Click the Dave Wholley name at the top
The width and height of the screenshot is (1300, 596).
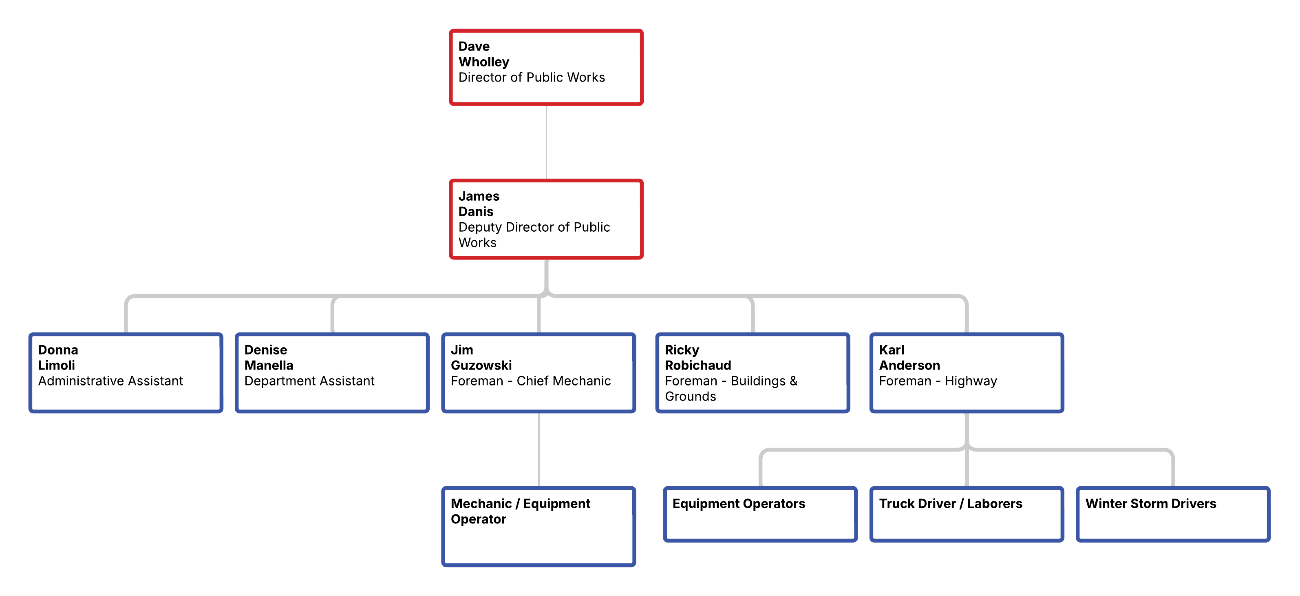coord(483,54)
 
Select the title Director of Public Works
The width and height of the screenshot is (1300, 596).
coord(532,77)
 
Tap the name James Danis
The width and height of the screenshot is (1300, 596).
coord(479,204)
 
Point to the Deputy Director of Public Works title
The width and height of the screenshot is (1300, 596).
coord(534,235)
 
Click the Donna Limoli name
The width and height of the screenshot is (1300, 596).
coord(57,358)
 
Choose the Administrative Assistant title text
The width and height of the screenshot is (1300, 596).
coord(110,381)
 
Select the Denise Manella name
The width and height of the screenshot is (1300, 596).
coord(269,358)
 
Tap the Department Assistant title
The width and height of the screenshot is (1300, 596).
coord(309,381)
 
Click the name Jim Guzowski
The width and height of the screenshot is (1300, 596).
coord(481,358)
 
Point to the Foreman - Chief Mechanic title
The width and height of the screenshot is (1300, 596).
coord(530,381)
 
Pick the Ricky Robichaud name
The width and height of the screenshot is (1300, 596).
coord(697,358)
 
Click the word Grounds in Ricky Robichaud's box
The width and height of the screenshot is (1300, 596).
coord(691,397)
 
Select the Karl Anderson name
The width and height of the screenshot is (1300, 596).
coord(909,358)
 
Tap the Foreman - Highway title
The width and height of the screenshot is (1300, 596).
coord(938,381)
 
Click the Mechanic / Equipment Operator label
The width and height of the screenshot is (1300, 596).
coord(520,511)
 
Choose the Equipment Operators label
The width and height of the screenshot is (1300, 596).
coord(738,503)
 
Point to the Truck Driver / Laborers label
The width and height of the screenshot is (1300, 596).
coord(950,503)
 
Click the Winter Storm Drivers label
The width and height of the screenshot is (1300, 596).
coord(1151,503)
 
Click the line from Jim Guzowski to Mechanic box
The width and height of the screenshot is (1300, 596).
coord(539,450)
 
